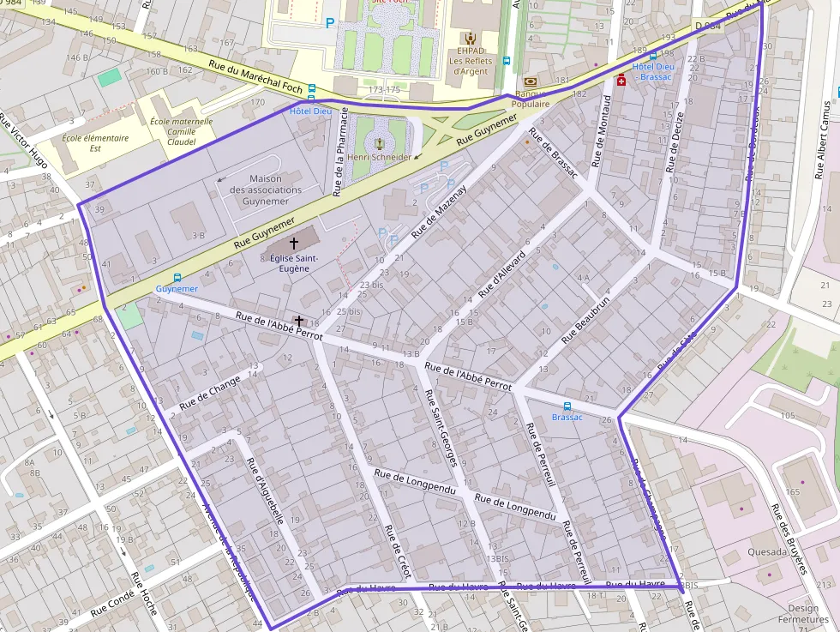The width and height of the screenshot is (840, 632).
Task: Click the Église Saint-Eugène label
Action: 294,262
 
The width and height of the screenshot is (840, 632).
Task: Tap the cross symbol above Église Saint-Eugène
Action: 295,244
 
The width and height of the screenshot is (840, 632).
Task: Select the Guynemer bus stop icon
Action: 177,277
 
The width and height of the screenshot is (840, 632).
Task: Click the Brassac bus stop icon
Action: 567,406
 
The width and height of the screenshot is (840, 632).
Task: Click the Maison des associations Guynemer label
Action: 266,190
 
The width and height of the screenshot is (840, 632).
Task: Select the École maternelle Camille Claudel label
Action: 181,131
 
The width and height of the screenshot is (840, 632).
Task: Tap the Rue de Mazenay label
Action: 440,211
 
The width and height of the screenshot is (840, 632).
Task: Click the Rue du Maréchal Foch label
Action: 255,76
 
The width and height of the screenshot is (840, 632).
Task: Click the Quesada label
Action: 767,552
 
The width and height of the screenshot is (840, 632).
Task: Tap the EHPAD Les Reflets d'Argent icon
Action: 469,38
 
